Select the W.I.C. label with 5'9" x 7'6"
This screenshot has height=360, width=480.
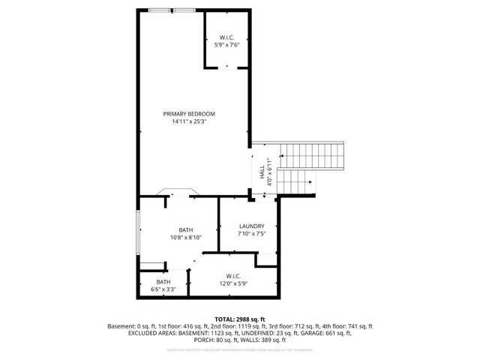point(228,37)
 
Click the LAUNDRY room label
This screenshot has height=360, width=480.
point(251,226)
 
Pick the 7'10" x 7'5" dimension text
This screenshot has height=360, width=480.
point(251,233)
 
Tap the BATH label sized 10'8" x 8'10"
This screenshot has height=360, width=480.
point(185,229)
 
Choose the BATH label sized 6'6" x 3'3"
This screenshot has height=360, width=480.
point(163,281)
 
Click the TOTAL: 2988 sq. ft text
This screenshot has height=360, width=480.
point(240,319)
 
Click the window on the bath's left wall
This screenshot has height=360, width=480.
point(137,232)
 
